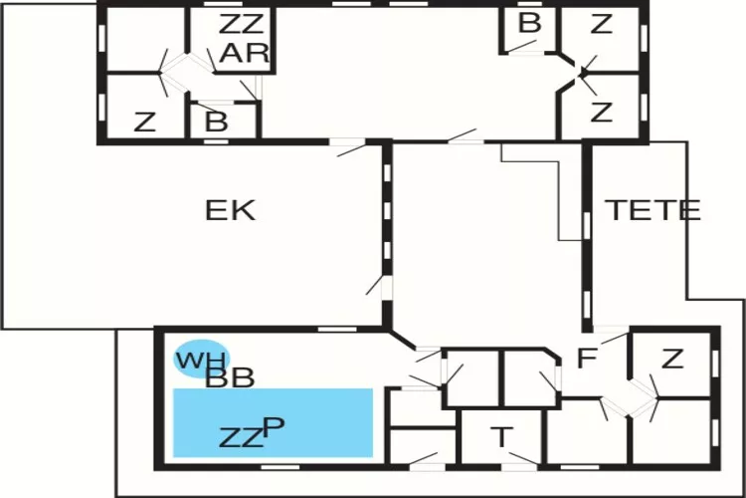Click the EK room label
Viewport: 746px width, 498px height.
[230, 210]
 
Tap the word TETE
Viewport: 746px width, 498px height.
[653, 210]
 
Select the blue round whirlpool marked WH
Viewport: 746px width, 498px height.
[200, 360]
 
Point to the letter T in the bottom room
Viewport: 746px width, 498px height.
[503, 435]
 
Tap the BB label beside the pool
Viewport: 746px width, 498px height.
[230, 377]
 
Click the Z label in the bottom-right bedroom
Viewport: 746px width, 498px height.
[672, 359]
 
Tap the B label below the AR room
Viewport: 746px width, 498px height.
[216, 124]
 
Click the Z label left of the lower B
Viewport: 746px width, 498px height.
[145, 124]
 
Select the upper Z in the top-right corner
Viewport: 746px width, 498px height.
[601, 25]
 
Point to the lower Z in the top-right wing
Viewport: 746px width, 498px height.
[601, 113]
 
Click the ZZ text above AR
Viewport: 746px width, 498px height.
[243, 24]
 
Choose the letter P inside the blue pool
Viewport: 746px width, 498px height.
[274, 426]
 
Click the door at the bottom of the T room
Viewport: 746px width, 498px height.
[517, 464]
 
